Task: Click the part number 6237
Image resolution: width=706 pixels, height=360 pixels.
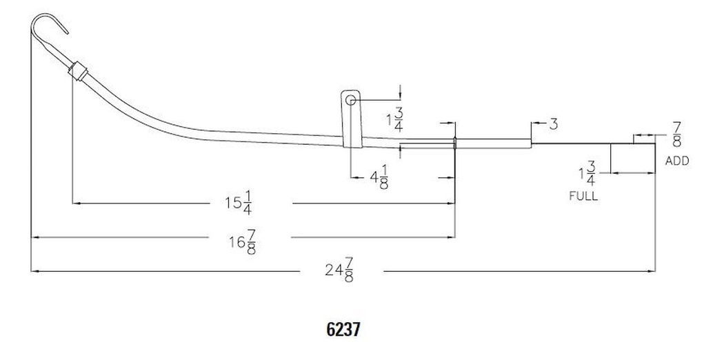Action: pos(343,330)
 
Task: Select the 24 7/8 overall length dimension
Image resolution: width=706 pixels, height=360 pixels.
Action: pos(339,270)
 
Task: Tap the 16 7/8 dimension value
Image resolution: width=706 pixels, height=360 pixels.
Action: pos(243,242)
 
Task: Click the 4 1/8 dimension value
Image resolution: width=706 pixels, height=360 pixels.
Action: pos(379,177)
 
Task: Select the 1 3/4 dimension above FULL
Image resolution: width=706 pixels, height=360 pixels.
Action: pos(587,174)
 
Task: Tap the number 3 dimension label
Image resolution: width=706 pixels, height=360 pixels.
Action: pos(554,124)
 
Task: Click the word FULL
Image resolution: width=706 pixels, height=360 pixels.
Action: pos(583,196)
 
